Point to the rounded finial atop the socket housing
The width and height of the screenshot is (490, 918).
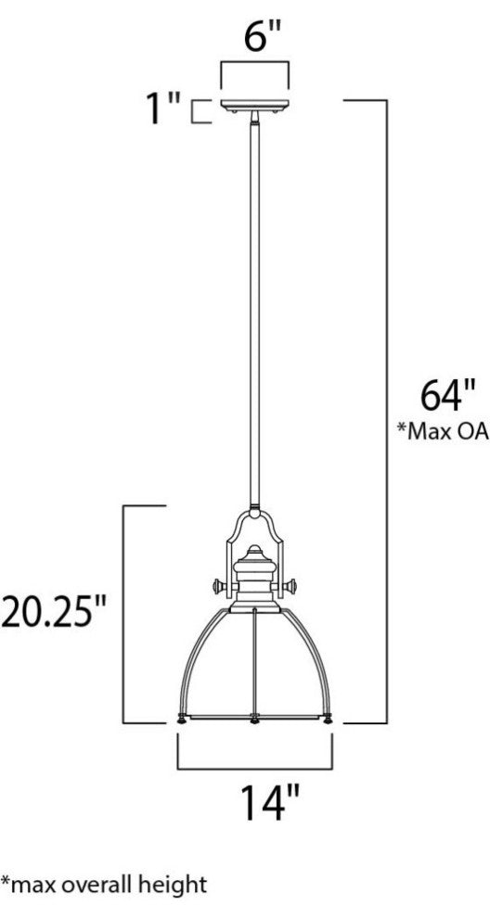click(x=254, y=555)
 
